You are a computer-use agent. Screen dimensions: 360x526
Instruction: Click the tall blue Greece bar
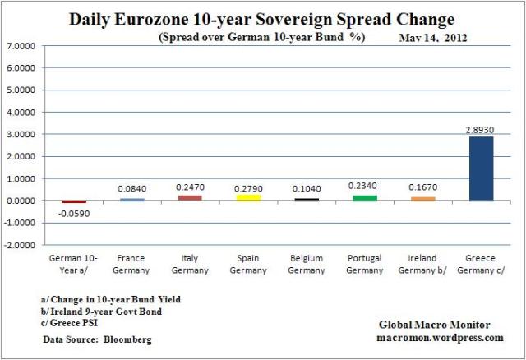(479, 168)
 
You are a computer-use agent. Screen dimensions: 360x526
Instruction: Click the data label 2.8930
(479, 130)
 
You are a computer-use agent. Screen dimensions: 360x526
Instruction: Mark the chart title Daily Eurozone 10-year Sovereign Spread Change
(263, 18)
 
